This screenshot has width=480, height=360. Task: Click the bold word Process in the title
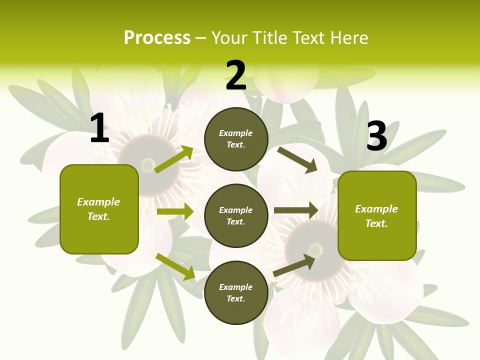(x=157, y=38)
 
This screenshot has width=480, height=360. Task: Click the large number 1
(x=99, y=128)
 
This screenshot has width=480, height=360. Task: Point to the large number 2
(x=236, y=75)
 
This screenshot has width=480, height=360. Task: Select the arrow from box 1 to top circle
(x=174, y=159)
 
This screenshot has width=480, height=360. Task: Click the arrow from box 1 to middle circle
(x=175, y=211)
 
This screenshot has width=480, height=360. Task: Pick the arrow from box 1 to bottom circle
(x=175, y=266)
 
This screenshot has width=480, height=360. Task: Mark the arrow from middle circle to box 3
(x=296, y=210)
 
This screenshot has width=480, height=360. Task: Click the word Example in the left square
(x=98, y=202)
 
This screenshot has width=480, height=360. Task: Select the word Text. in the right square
(x=376, y=223)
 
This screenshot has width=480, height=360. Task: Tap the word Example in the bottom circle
(x=236, y=287)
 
